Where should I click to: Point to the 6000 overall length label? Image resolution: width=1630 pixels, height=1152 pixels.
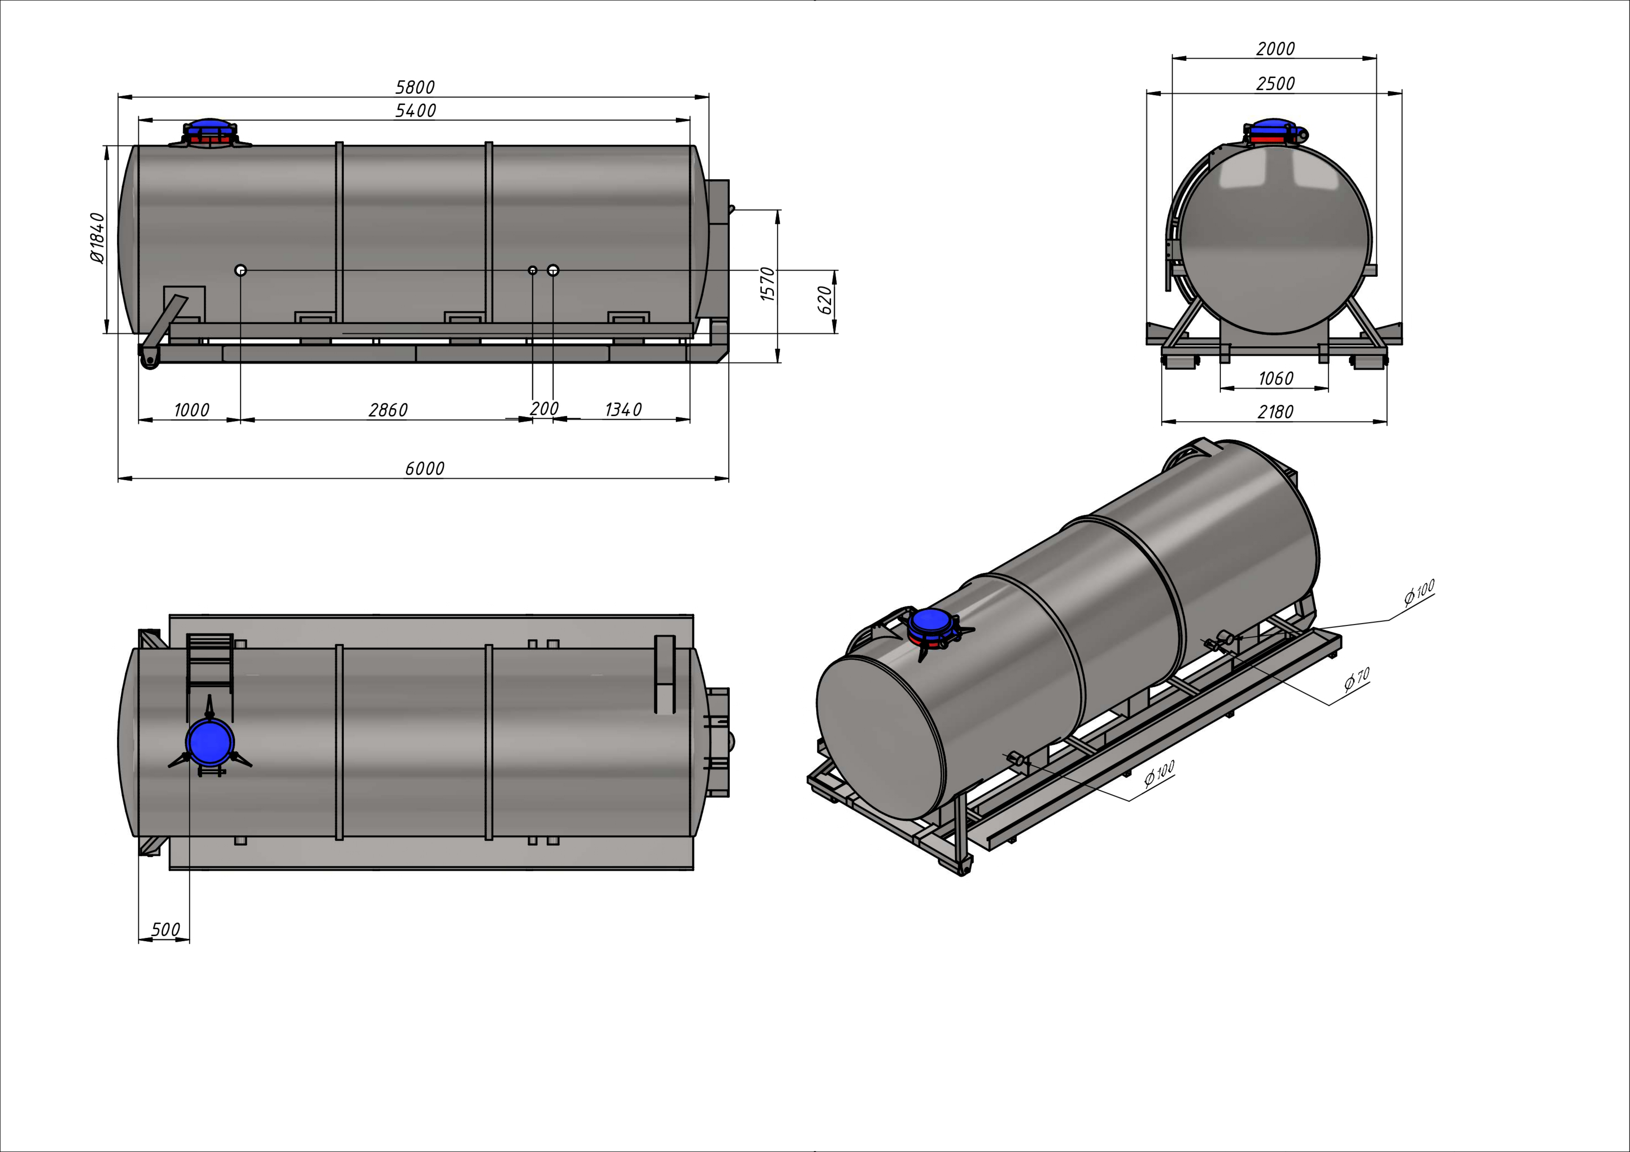[x=425, y=469]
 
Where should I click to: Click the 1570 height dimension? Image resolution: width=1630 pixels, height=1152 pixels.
[x=767, y=284]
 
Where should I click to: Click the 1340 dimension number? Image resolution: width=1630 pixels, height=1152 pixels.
[x=623, y=409]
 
